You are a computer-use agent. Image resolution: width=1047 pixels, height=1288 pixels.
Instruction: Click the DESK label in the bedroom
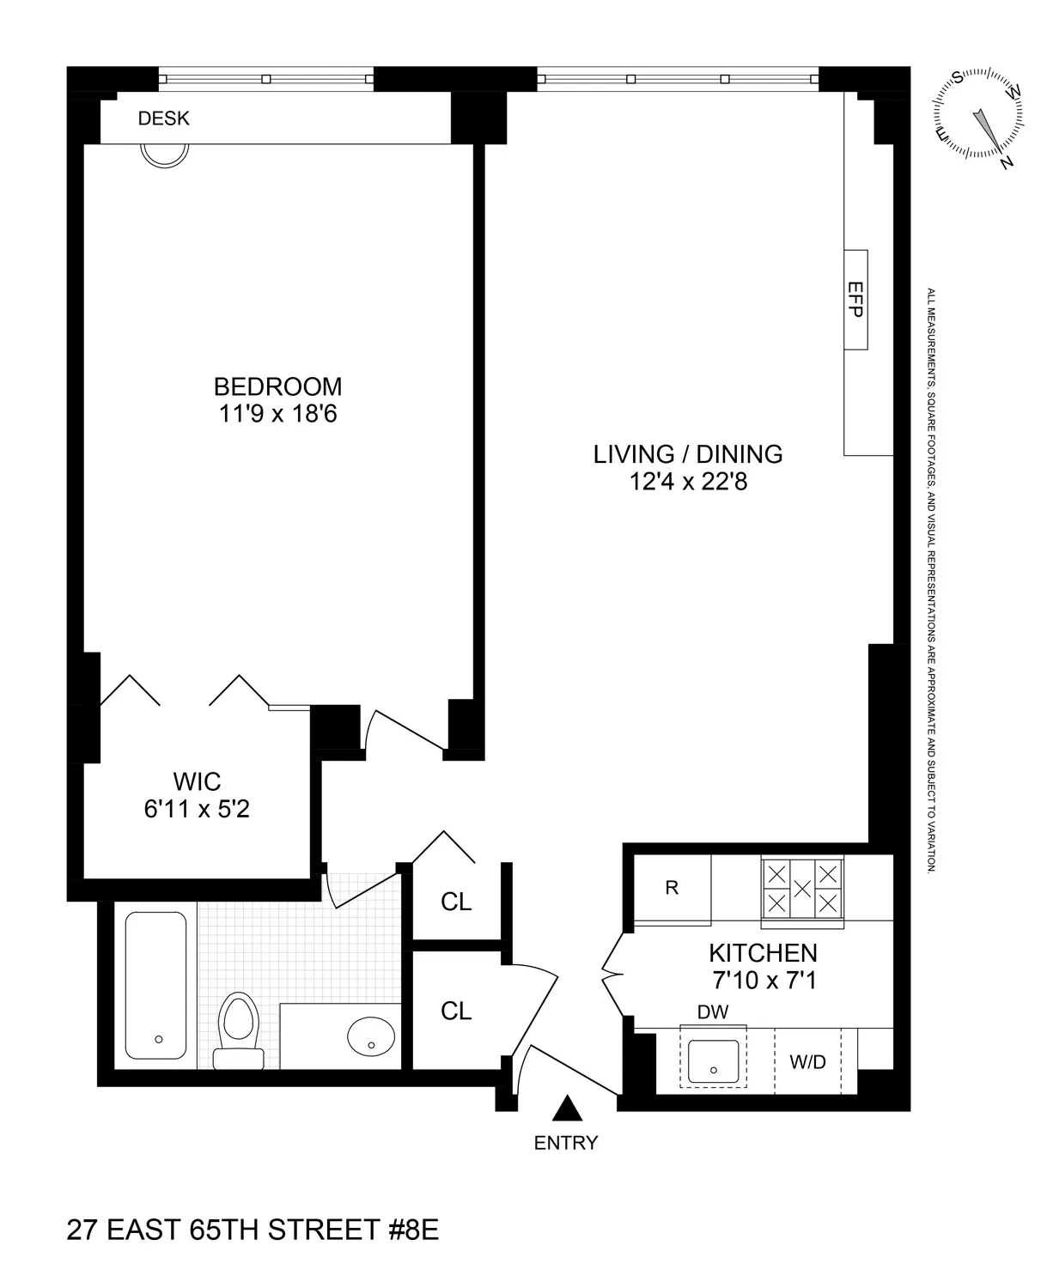163,118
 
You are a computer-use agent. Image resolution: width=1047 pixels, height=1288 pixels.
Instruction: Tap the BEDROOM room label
277,386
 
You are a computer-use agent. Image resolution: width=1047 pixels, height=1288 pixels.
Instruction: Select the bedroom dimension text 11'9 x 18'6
277,414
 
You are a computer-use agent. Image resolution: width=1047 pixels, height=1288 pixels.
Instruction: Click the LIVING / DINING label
688,454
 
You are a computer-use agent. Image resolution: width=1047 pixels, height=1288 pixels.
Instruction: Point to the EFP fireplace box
855,300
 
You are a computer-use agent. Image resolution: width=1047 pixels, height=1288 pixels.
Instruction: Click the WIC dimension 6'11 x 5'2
197,809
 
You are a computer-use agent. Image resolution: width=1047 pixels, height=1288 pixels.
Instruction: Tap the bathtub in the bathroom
155,985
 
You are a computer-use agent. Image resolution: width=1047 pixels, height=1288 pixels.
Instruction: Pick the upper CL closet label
456,902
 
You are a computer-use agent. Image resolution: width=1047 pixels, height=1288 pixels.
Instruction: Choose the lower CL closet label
456,1011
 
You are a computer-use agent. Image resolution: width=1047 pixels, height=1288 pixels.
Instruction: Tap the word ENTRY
566,1143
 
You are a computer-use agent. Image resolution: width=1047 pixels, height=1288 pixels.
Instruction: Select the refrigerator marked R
673,889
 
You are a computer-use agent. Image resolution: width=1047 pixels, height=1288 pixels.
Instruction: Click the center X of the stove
802,889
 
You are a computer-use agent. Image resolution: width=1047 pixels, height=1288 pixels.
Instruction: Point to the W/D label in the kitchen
807,1062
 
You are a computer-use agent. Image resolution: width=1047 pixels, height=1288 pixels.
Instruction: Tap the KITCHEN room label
763,952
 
